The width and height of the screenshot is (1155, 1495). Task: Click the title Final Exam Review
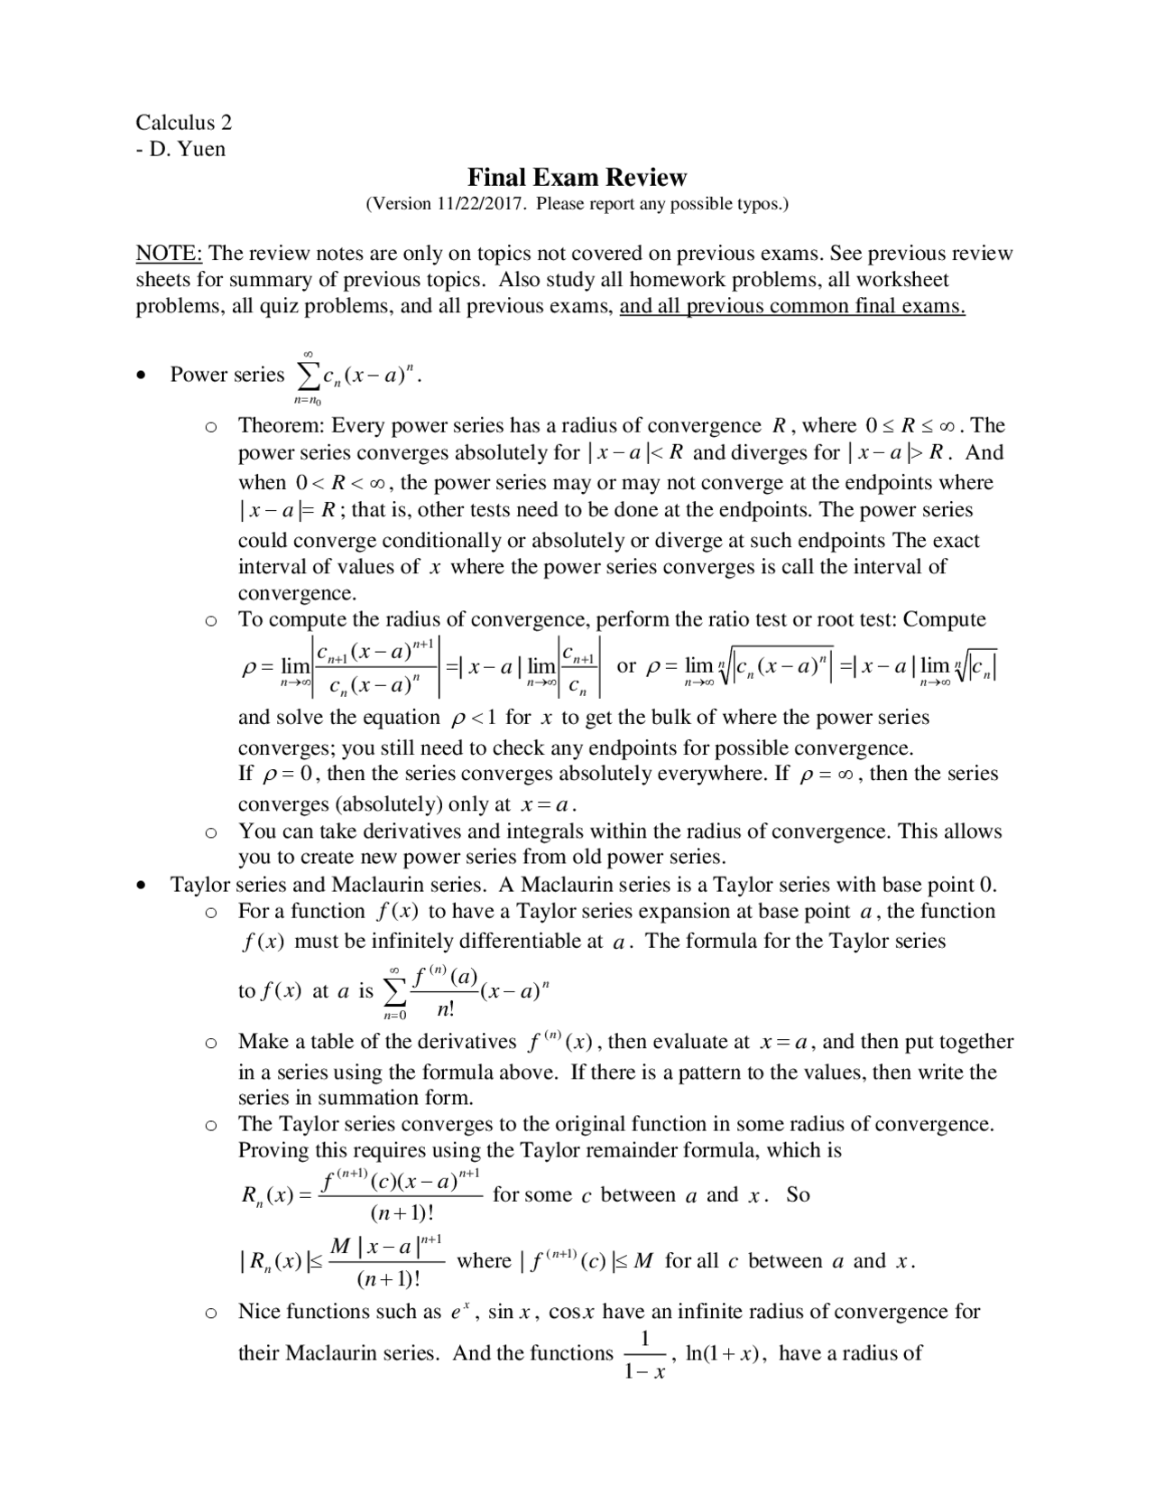tap(577, 177)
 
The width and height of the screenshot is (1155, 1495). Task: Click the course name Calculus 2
tap(183, 122)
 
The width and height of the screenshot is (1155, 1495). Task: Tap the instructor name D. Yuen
tap(188, 149)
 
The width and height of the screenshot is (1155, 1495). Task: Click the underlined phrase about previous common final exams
tap(792, 306)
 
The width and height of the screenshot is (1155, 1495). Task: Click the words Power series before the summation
tap(227, 374)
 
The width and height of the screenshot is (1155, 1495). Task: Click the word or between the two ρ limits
tap(626, 666)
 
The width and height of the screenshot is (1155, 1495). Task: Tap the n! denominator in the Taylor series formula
tap(445, 1008)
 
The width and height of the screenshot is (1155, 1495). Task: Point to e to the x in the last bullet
tap(460, 1311)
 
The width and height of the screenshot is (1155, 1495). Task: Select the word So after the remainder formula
tap(798, 1194)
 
